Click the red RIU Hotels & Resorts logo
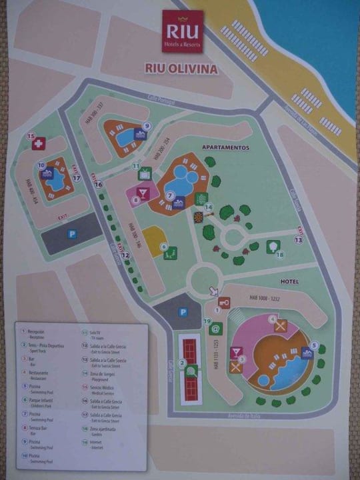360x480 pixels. tap(183, 31)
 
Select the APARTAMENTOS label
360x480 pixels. tap(225, 147)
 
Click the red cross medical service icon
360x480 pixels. tap(39, 144)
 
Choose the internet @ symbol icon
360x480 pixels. tap(215, 328)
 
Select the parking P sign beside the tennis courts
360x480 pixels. tap(183, 312)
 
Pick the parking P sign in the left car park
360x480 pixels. tap(71, 234)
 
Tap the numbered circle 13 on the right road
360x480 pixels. tap(299, 239)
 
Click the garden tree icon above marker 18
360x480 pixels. tap(273, 246)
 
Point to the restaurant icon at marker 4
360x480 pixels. tap(281, 326)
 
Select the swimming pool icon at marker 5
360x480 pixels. tap(307, 353)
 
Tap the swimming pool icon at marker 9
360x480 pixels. tap(140, 135)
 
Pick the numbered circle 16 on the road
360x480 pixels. tap(99, 185)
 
